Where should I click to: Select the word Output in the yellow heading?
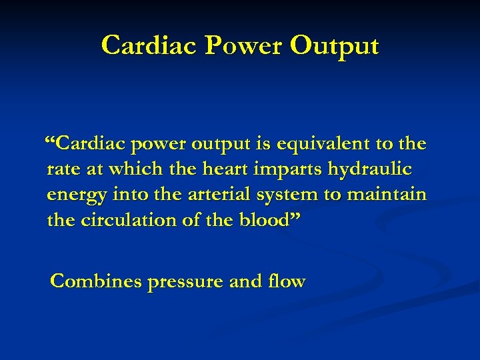(335, 45)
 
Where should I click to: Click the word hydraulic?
(369, 170)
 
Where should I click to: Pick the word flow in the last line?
(287, 281)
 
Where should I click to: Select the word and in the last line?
(245, 281)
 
